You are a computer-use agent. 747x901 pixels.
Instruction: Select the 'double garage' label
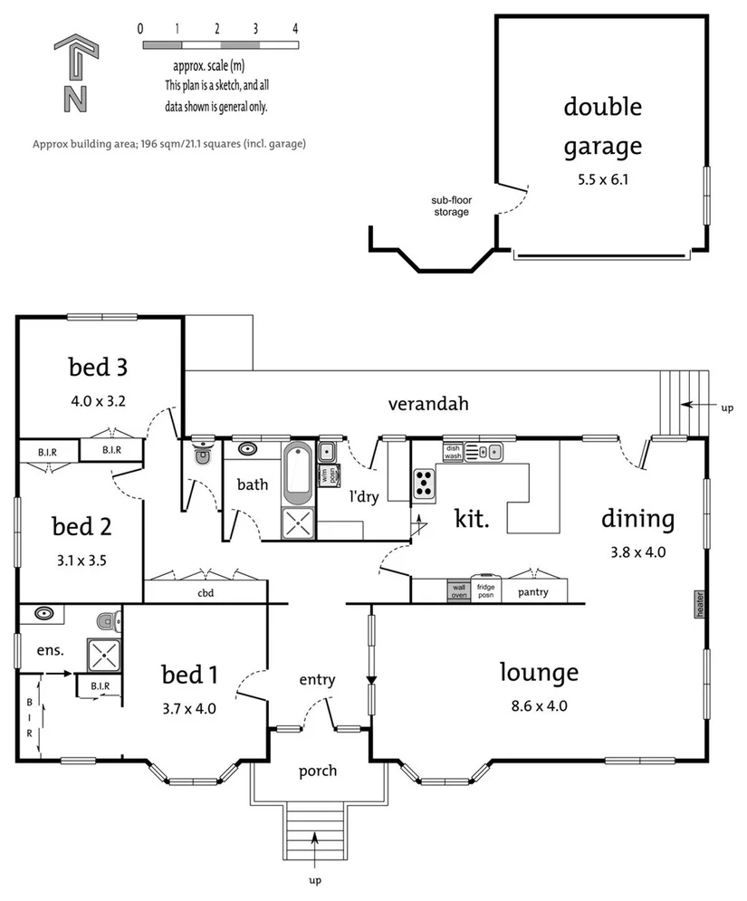(603, 126)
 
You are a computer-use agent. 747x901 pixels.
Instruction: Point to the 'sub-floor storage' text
(450, 206)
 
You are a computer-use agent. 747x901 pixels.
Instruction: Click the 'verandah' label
(428, 404)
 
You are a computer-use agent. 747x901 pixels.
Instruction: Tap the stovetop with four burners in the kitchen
(424, 484)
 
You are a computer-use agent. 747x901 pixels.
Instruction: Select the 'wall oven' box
(458, 591)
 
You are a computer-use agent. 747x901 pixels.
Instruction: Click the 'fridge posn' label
(486, 590)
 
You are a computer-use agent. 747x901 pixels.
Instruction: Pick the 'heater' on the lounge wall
(699, 606)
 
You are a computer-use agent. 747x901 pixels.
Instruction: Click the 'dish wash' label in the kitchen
(453, 450)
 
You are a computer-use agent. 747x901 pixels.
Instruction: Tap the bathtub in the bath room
(298, 473)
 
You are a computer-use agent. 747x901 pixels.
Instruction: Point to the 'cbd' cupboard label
(205, 595)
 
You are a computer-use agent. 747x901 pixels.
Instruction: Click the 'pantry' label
(532, 592)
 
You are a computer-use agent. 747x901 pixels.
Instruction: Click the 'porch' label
(317, 771)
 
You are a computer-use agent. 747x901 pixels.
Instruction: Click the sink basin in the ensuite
(42, 615)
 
